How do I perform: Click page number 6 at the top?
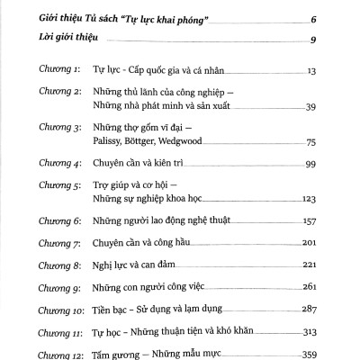[x=337, y=19]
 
